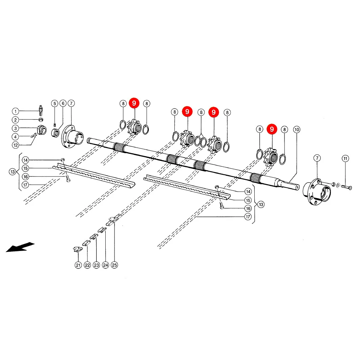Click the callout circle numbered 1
pyautogui.click(x=15, y=111)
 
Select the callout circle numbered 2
pyautogui.click(x=15, y=120)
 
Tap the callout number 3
pyautogui.click(x=15, y=128)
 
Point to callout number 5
pyautogui.click(x=55, y=103)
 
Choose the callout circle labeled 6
pyautogui.click(x=63, y=103)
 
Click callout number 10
pyautogui.click(x=297, y=129)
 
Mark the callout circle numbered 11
pyautogui.click(x=345, y=158)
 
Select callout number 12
pyautogui.click(x=15, y=145)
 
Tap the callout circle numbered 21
pyautogui.click(x=78, y=265)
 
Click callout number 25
pyautogui.click(x=114, y=265)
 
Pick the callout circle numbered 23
pyautogui.click(x=97, y=265)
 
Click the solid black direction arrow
pyautogui.click(x=20, y=247)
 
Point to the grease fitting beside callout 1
pyautogui.click(x=41, y=110)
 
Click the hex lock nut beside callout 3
pyautogui.click(x=42, y=130)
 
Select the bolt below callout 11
pyautogui.click(x=346, y=187)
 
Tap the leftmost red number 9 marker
pyautogui.click(x=134, y=103)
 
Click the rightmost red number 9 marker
pyautogui.click(x=272, y=129)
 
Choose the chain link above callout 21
pyautogui.click(x=78, y=249)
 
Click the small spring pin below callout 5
pyautogui.click(x=55, y=125)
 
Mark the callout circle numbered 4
pyautogui.click(x=15, y=137)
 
